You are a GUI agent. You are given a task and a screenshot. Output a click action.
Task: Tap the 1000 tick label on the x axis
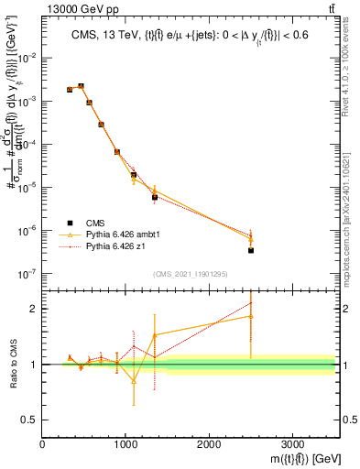[x=125, y=443]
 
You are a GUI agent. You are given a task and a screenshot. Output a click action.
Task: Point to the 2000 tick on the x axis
[x=209, y=443]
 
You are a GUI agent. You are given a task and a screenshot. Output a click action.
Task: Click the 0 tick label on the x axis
[x=42, y=443]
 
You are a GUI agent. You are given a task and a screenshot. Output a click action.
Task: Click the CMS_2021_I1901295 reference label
[x=190, y=273]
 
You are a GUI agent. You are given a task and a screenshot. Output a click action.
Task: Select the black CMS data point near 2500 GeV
[x=251, y=250]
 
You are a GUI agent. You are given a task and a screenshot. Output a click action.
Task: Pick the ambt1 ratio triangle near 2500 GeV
[x=251, y=316]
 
